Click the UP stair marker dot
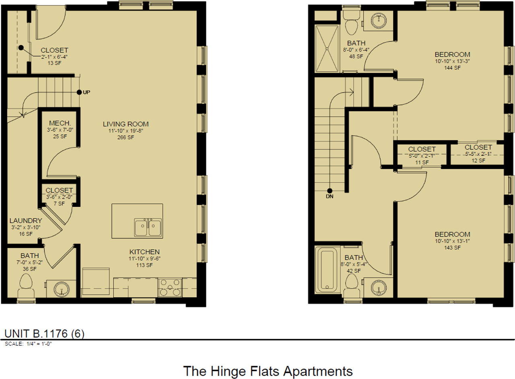pyautogui.click(x=79, y=92)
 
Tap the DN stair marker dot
pyautogui.click(x=330, y=191)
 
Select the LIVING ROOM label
pyautogui.click(x=126, y=124)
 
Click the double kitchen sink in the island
pyautogui.click(x=148, y=227)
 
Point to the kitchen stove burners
pyautogui.click(x=170, y=288)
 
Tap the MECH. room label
pyautogui.click(x=60, y=123)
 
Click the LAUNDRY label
pyautogui.click(x=26, y=221)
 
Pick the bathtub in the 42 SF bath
pyautogui.click(x=327, y=270)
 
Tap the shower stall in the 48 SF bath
pyautogui.click(x=327, y=49)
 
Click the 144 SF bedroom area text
pyautogui.click(x=452, y=68)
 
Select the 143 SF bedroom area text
pyautogui.click(x=452, y=248)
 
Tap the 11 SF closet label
pyautogui.click(x=422, y=149)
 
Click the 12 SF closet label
pyautogui.click(x=478, y=147)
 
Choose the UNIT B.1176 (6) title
pyautogui.click(x=44, y=334)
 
